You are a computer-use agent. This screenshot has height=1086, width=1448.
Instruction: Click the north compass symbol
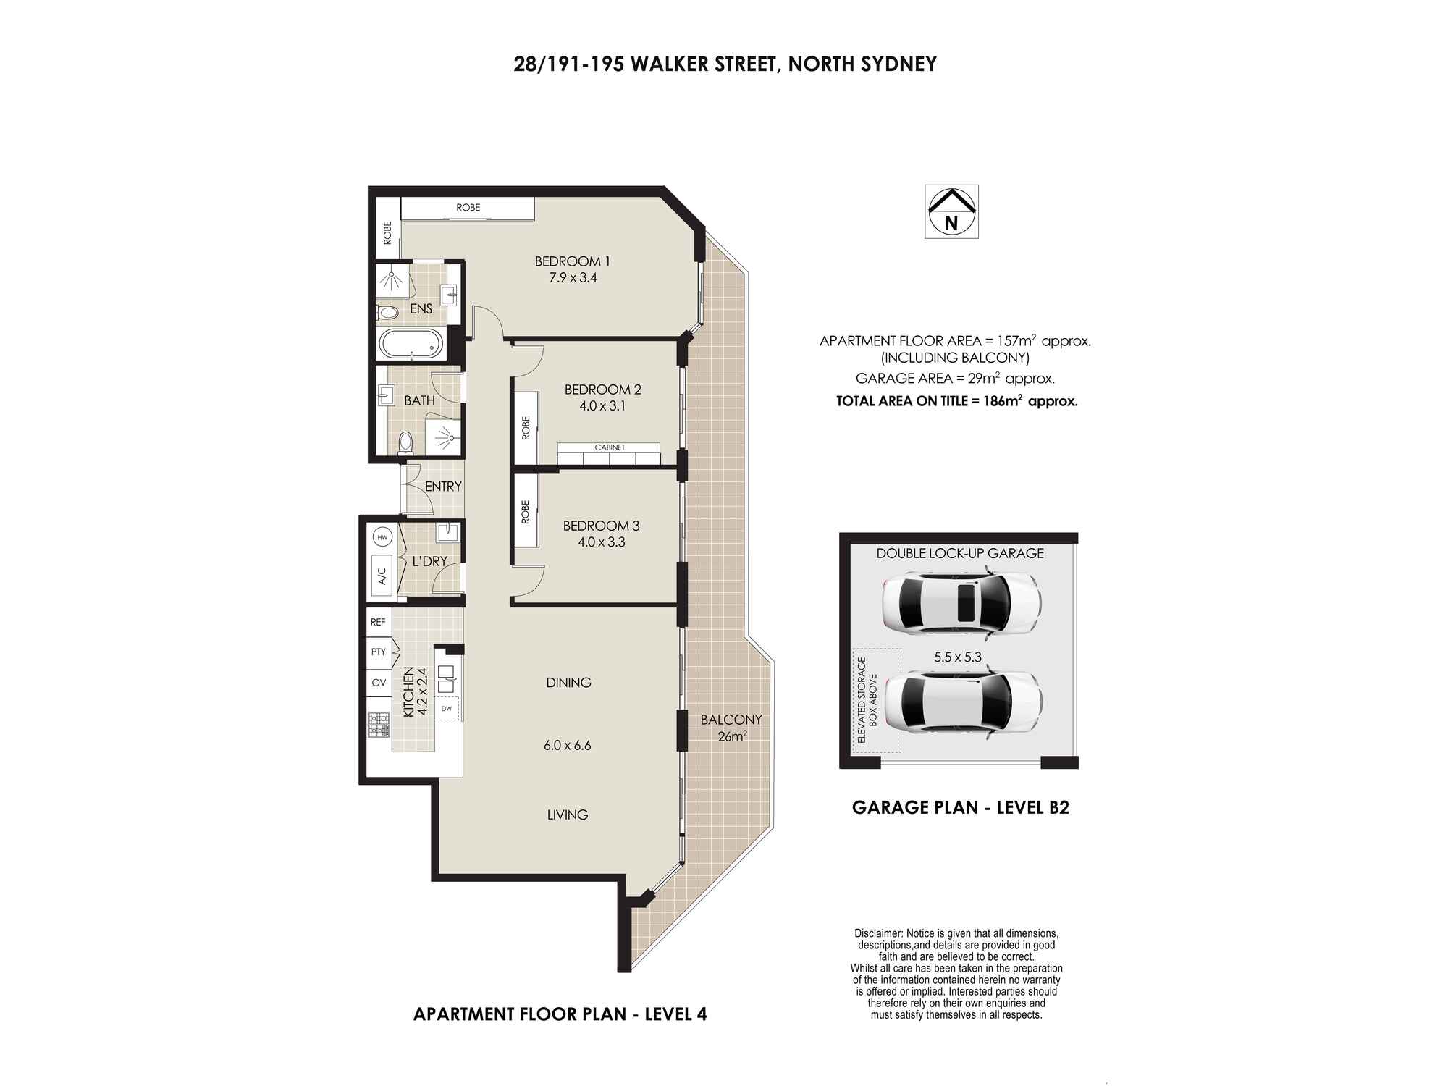[x=951, y=211]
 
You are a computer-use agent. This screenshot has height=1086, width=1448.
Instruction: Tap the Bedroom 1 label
[x=572, y=261]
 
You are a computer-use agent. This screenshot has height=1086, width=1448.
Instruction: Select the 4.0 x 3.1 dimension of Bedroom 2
[x=602, y=406]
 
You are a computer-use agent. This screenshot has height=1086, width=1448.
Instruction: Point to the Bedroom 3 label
[x=601, y=526]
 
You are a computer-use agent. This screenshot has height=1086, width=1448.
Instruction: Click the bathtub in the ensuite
[x=411, y=345]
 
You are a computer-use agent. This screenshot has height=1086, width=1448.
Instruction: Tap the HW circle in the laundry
[x=382, y=537]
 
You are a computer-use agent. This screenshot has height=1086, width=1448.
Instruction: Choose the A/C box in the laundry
[x=382, y=575]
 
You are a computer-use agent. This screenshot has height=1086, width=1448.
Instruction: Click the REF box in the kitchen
[x=378, y=622]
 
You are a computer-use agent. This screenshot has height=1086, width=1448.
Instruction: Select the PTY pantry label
[x=379, y=652]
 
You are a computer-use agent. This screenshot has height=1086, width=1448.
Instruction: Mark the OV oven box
[x=379, y=682]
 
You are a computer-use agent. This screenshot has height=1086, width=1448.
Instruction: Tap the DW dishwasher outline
[x=447, y=709]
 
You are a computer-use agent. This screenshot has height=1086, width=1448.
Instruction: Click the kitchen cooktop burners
[x=379, y=725]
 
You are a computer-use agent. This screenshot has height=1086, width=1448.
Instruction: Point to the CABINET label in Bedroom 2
[x=610, y=447]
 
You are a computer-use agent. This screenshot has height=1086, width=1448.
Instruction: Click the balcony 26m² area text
[x=732, y=737]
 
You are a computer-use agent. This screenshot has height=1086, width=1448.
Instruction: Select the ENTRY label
[x=443, y=487]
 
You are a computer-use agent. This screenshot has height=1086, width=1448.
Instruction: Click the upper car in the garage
[x=961, y=600]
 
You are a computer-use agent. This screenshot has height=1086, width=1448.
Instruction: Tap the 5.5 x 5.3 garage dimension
[x=958, y=658]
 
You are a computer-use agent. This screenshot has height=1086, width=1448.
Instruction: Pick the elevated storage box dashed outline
[x=877, y=701]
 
